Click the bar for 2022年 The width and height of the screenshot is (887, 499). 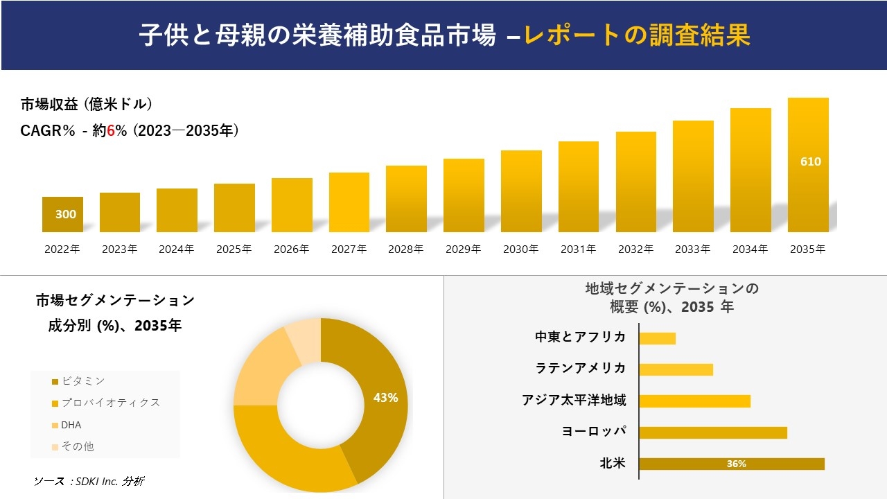coord(62,215)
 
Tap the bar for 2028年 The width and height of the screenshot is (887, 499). coord(406,199)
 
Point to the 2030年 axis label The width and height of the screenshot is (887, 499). coord(520,249)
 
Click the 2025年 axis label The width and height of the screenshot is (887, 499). coord(234,249)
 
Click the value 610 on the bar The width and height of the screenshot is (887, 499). coord(810,161)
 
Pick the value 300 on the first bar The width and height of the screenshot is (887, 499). coord(66,214)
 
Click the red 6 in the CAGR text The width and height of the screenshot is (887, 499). coord(111,130)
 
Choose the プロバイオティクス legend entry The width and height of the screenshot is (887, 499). coord(110,403)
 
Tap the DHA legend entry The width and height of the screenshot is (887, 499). coord(71,425)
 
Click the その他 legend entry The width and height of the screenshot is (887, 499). coord(77,447)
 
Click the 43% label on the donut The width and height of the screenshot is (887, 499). coord(385,398)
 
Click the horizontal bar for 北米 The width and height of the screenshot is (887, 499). coord(731,464)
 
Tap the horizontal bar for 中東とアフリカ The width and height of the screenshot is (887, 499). coord(657,338)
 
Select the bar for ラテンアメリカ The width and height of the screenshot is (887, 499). coord(676,369)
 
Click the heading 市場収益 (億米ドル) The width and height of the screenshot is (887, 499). coord(87,105)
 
